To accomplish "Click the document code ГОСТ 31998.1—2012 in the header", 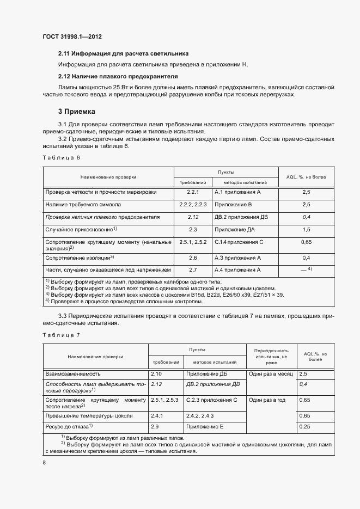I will click(72, 37).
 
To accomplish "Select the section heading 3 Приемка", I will click(77, 112).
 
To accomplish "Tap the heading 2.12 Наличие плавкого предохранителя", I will click(118, 76).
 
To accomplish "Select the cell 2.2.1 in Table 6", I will click(193, 192).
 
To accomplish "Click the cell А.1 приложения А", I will click(238, 192).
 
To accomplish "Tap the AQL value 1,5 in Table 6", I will click(306, 230).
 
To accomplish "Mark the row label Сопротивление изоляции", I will click(79, 257).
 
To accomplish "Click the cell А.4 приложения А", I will click(238, 269).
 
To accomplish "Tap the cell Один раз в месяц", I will click(271, 374).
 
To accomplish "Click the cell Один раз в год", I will click(267, 400).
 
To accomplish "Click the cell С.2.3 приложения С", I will click(212, 400).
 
